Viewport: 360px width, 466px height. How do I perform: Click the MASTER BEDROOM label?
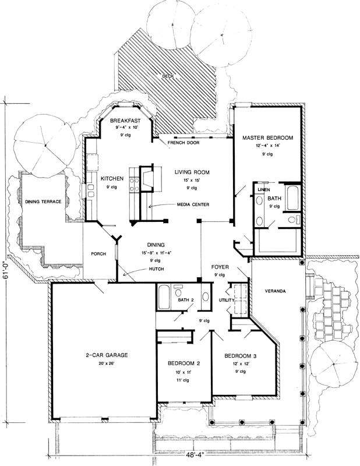[267, 137]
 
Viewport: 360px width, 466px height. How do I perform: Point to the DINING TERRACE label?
[43, 202]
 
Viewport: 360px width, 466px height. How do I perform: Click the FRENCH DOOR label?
[181, 142]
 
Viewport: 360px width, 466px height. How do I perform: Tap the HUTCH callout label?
[154, 269]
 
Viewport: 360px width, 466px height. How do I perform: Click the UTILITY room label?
[226, 300]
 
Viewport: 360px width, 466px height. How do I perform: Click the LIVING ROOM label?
[191, 172]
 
